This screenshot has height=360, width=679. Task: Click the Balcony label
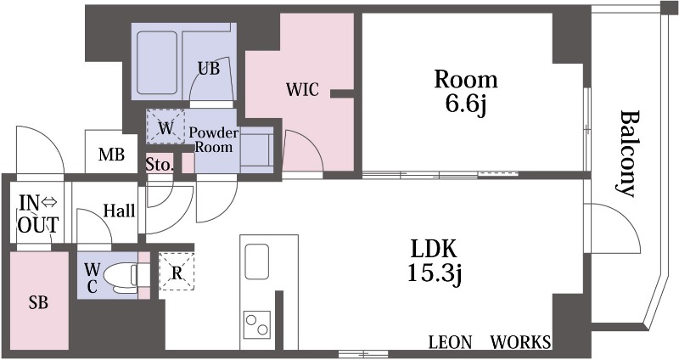click(627, 154)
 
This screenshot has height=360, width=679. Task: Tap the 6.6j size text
click(466, 104)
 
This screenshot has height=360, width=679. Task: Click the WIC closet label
click(302, 90)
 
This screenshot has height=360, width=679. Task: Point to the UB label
click(209, 69)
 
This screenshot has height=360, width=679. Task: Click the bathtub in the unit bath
click(157, 63)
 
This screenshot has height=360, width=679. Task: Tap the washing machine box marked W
click(166, 126)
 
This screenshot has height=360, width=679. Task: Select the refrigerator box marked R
click(177, 271)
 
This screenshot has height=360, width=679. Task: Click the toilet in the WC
click(122, 276)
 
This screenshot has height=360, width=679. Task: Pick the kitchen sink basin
click(257, 262)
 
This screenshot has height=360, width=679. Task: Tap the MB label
click(111, 155)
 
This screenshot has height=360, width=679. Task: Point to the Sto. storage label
click(160, 165)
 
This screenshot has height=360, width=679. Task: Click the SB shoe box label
click(38, 302)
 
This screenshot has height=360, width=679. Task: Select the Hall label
click(119, 211)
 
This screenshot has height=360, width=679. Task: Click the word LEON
click(450, 342)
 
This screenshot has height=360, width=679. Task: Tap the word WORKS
click(520, 342)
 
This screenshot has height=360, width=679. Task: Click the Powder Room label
click(214, 139)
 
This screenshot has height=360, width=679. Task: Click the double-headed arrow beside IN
click(49, 202)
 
